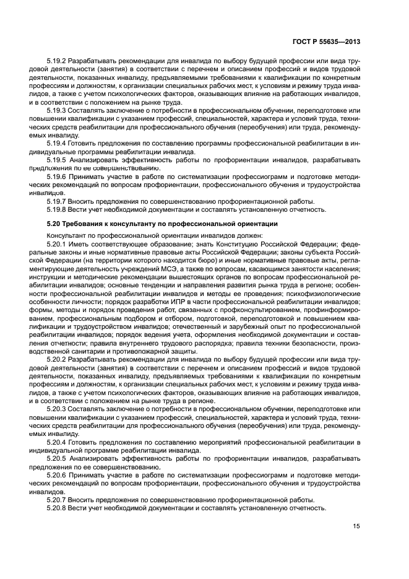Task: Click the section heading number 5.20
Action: pos(55,224)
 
